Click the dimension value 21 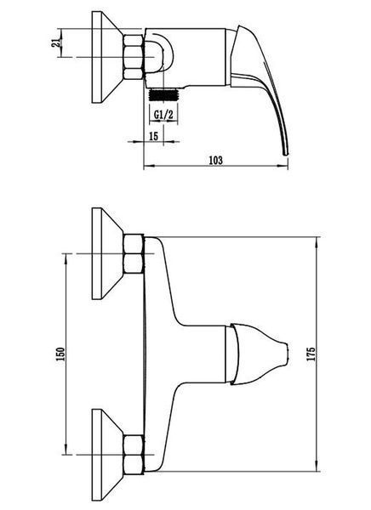pyautogui.click(x=56, y=42)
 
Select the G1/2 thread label pyautogui.click(x=163, y=115)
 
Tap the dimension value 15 pyautogui.click(x=153, y=136)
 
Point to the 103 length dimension pyautogui.click(x=216, y=161)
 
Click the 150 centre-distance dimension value pyautogui.click(x=61, y=354)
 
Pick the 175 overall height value pyautogui.click(x=311, y=354)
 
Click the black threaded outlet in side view pyautogui.click(x=163, y=95)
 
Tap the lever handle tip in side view pyautogui.click(x=286, y=152)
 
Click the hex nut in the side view pyautogui.click(x=134, y=57)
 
